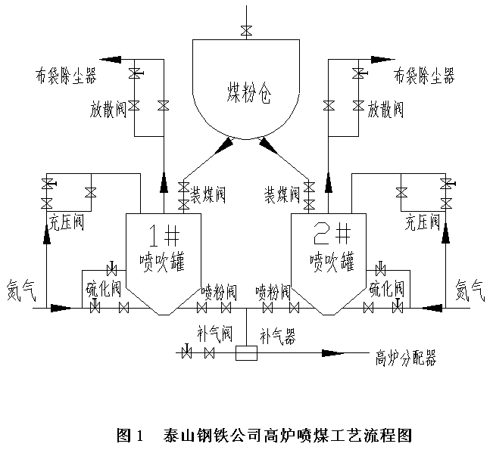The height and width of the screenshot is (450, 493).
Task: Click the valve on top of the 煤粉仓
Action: click(x=246, y=30)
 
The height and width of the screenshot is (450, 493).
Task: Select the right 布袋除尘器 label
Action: click(x=423, y=76)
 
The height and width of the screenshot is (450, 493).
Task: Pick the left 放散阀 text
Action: click(x=104, y=110)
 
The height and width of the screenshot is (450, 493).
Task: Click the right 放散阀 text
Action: click(x=385, y=109)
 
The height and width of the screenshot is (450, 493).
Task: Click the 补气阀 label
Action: click(x=215, y=333)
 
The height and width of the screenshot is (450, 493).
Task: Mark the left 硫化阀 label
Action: click(x=104, y=290)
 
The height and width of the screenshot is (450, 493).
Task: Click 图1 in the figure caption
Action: click(x=129, y=436)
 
